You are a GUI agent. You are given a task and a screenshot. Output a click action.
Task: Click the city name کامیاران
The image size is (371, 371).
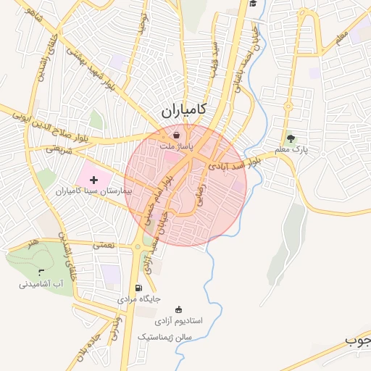coord(181,111)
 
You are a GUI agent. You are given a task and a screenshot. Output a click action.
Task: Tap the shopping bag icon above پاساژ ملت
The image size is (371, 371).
coord(176,135)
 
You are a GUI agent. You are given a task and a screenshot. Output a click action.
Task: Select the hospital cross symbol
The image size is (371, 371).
coord(93,178)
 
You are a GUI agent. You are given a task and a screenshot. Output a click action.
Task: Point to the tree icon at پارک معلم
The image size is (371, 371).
coord(291,138)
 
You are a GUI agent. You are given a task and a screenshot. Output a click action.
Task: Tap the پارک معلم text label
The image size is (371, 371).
coord(291,150)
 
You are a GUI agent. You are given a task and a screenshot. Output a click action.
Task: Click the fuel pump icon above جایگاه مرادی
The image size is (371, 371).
coord(139,288)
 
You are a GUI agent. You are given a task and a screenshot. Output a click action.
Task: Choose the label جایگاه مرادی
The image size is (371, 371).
coord(138,299)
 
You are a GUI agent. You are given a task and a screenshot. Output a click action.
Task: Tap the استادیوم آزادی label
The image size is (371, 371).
coord(179,320)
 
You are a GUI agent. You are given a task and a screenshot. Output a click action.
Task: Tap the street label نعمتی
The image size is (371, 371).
coord(104,246)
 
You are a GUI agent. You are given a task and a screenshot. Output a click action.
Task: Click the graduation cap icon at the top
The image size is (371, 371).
coord(253,4)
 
